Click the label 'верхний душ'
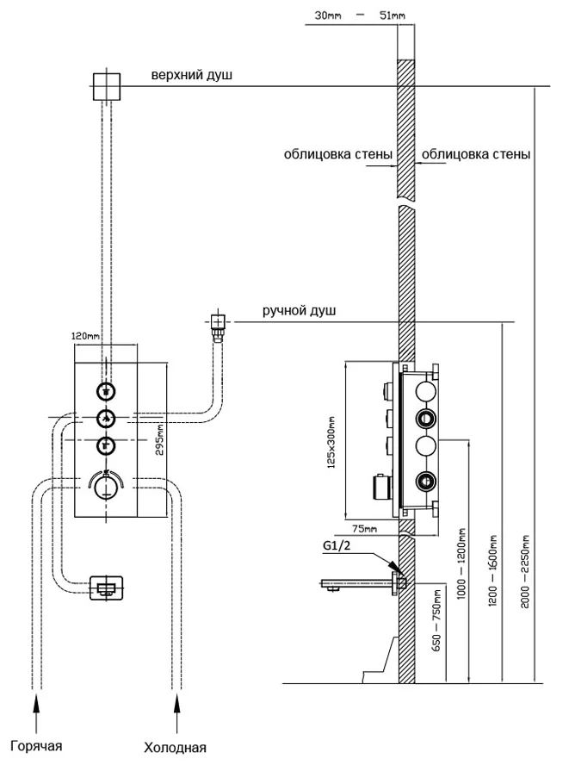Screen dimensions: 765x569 (x=192, y=77)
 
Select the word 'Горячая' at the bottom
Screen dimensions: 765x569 (x=38, y=745)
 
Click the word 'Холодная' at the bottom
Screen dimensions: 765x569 (x=177, y=747)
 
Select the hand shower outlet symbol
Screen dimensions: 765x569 (x=218, y=324)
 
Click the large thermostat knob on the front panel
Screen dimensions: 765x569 (x=106, y=486)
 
